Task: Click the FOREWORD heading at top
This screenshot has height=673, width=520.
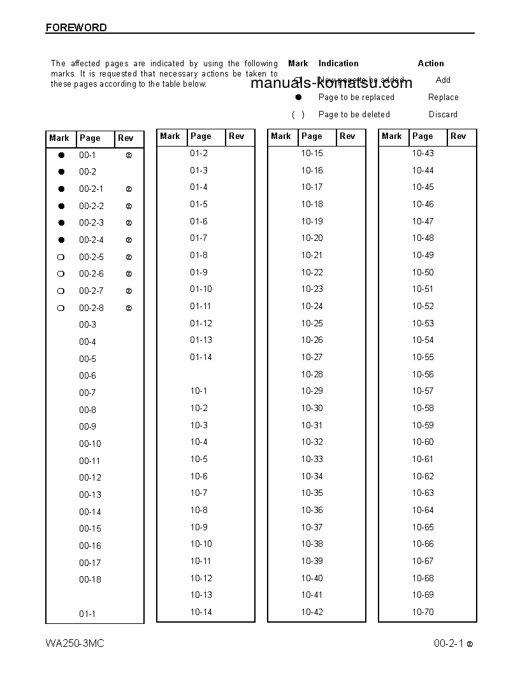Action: click(76, 27)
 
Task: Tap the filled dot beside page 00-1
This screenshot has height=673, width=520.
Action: click(61, 155)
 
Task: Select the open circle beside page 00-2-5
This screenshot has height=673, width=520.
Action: click(61, 257)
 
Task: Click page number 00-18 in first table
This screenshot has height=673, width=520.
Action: click(90, 579)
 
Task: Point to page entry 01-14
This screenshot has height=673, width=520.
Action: click(201, 357)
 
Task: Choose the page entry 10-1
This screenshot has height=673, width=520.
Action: click(198, 391)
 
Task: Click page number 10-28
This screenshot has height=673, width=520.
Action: click(312, 374)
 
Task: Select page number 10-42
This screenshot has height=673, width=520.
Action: click(312, 612)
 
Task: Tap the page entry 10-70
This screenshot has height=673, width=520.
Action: click(422, 612)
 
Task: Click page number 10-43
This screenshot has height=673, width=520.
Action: click(422, 153)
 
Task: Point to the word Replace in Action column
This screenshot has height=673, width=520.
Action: click(443, 98)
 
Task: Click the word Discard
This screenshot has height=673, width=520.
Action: click(443, 115)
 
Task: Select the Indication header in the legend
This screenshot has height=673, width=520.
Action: click(338, 63)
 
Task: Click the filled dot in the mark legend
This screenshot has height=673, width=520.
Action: click(298, 98)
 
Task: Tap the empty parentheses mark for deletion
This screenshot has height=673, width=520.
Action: click(298, 115)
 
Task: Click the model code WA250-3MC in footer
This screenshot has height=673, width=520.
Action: click(75, 643)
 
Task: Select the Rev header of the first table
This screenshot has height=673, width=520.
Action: click(126, 138)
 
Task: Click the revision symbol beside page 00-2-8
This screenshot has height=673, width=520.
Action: click(129, 308)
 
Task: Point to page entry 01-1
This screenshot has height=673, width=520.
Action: click(87, 614)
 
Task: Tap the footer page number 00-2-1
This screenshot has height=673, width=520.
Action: click(449, 643)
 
